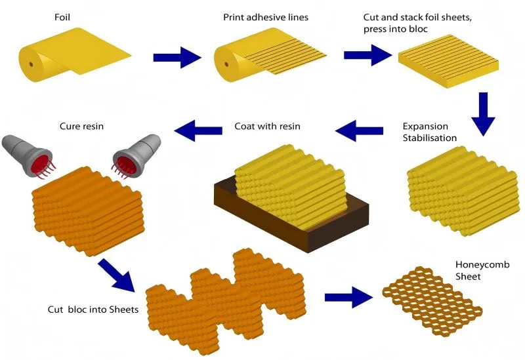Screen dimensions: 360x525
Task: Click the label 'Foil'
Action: (64, 16)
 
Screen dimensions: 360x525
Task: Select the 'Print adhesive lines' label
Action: (260, 16)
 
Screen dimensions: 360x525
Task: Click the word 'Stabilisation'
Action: (430, 138)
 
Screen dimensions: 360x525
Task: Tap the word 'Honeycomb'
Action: (482, 265)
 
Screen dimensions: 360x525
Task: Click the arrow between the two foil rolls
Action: (176, 58)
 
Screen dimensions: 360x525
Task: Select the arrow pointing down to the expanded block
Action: (483, 113)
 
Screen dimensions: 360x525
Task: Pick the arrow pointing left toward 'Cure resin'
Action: (200, 130)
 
